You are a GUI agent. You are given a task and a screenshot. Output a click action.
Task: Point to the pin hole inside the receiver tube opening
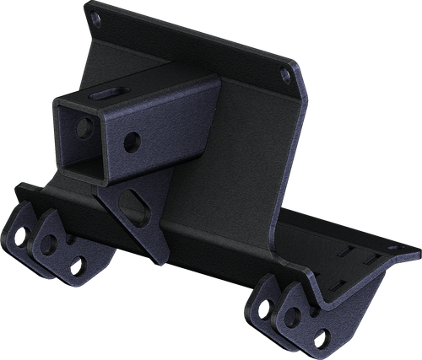tap(84, 129)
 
